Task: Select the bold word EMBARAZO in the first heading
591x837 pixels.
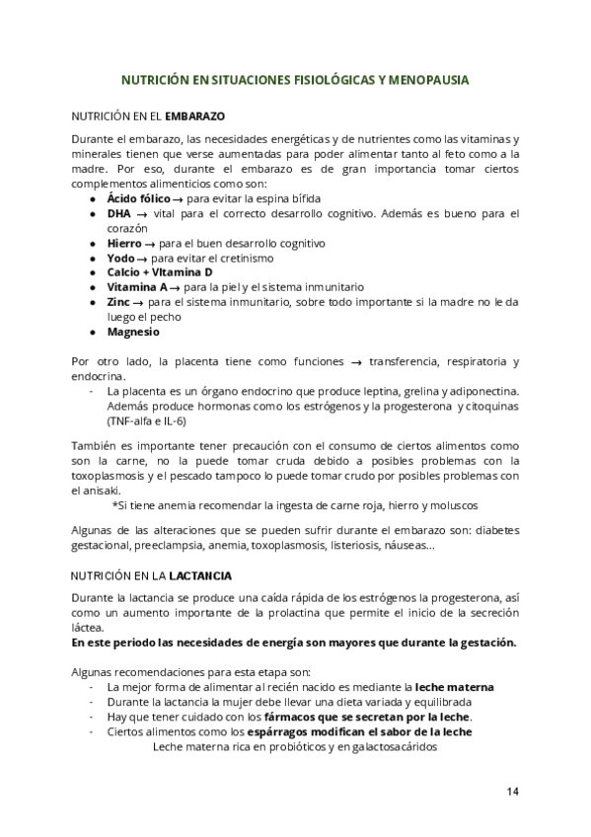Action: click(196, 114)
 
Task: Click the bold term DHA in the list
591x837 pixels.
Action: click(118, 213)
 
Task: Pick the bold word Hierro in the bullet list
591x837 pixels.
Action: click(124, 242)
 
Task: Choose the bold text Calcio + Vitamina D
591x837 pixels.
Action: click(159, 271)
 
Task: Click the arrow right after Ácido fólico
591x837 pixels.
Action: click(179, 197)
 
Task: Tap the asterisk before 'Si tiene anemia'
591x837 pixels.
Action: click(115, 506)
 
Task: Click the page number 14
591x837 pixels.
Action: click(513, 791)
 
